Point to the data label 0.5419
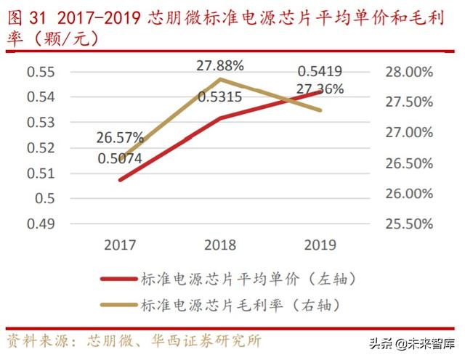pyautogui.click(x=320, y=72)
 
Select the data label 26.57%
pyautogui.click(x=120, y=137)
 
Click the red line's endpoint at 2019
pyautogui.click(x=321, y=91)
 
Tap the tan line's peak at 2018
pyautogui.click(x=221, y=78)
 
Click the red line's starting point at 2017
pyautogui.click(x=120, y=179)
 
